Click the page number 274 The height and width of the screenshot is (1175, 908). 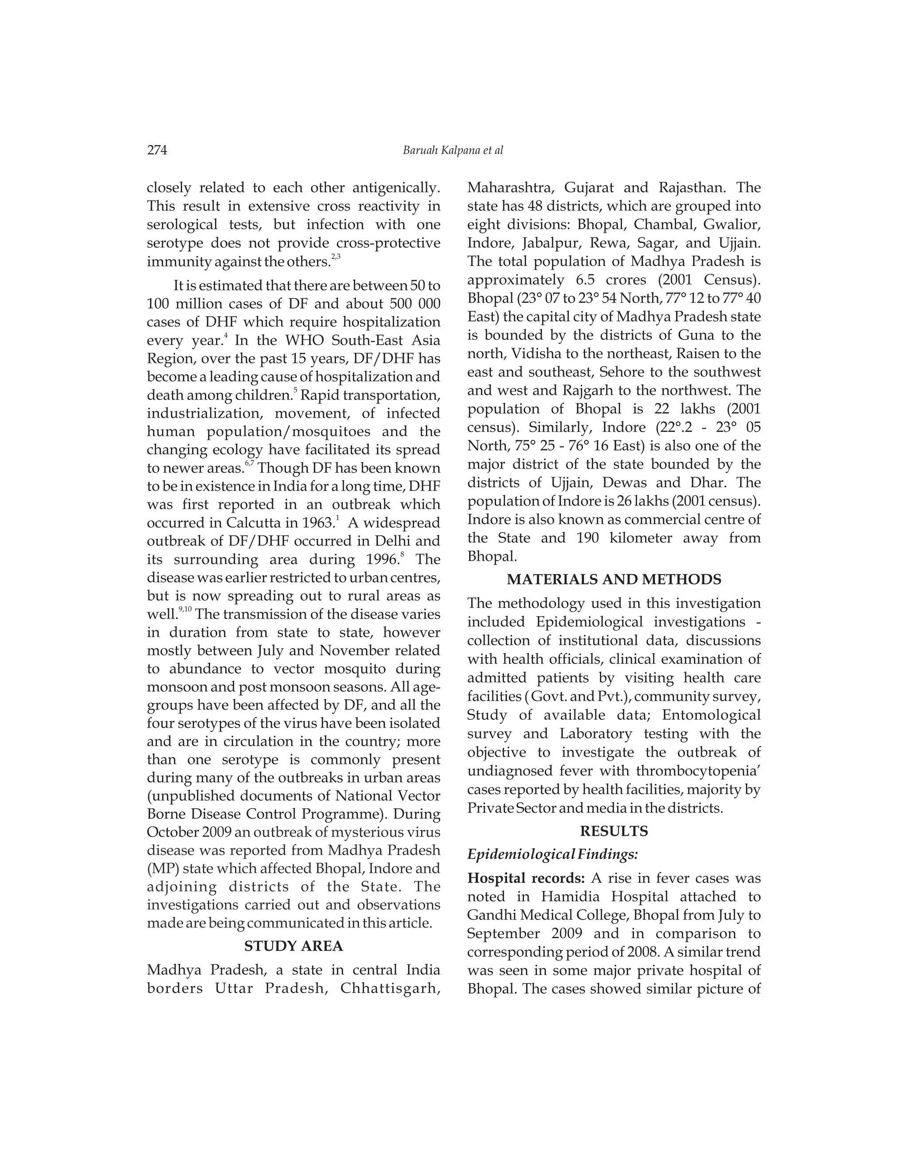[x=157, y=150]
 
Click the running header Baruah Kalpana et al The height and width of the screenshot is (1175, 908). [x=453, y=151]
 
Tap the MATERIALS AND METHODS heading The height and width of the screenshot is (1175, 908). [x=614, y=580]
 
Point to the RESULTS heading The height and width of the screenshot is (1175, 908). [x=614, y=831]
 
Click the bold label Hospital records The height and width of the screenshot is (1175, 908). [x=525, y=878]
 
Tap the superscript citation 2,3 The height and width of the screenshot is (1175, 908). [x=336, y=257]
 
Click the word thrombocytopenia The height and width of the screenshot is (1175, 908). [x=696, y=771]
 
